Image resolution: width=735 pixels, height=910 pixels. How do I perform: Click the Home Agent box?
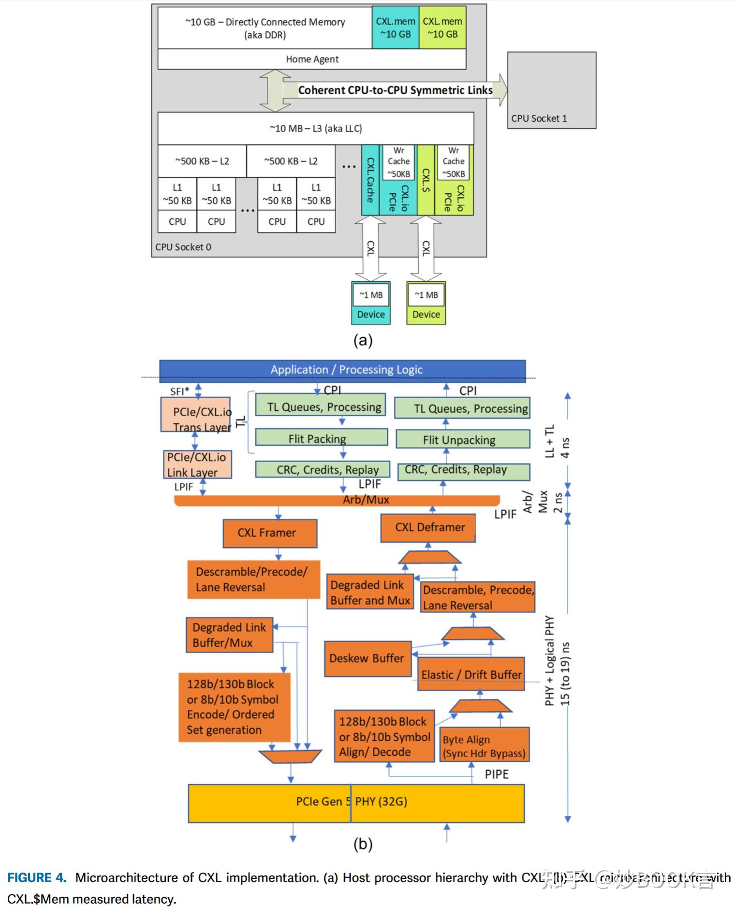pyautogui.click(x=312, y=59)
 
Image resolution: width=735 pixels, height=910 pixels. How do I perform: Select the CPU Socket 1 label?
pyautogui.click(x=539, y=118)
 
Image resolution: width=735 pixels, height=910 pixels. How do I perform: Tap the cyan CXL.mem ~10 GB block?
pyautogui.click(x=395, y=28)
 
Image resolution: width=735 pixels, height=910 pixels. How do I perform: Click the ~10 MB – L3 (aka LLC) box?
pyautogui.click(x=316, y=129)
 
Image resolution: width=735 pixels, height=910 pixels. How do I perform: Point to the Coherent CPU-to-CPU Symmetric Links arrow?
pyautogui.click(x=394, y=90)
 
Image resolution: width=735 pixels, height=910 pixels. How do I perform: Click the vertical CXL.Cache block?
pyautogui.click(x=370, y=180)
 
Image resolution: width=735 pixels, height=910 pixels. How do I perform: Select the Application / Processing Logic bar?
pyautogui.click(x=342, y=370)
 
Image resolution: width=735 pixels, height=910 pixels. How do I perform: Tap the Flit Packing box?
pyautogui.click(x=321, y=438)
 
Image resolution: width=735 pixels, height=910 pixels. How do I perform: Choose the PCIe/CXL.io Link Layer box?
pyautogui.click(x=197, y=464)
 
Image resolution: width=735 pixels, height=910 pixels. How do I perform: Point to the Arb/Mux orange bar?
pyautogui.click(x=337, y=500)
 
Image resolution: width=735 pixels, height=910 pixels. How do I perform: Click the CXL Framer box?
pyautogui.click(x=270, y=533)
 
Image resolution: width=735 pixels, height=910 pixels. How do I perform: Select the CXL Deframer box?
pyautogui.click(x=428, y=527)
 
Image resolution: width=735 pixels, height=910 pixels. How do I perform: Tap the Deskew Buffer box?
pyautogui.click(x=367, y=658)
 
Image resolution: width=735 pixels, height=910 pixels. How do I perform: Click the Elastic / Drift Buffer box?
pyautogui.click(x=471, y=674)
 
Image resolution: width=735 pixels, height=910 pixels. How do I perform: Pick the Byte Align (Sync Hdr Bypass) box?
pyautogui.click(x=484, y=746)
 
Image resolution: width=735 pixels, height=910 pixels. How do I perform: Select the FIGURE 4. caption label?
pyautogui.click(x=36, y=878)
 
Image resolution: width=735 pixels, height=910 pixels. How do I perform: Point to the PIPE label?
pyautogui.click(x=496, y=774)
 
